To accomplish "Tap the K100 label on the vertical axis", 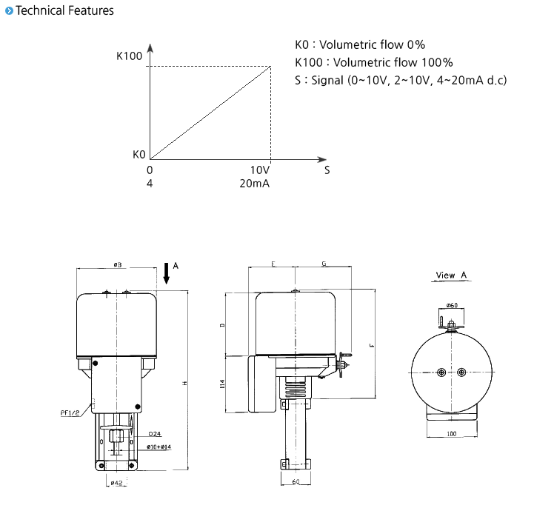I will (x=129, y=56).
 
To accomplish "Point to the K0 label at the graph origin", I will (x=138, y=155).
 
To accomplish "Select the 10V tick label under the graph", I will (x=261, y=170).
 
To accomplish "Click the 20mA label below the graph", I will (x=254, y=183).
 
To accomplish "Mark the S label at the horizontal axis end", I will (x=327, y=170).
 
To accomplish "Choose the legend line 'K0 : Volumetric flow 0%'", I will (x=360, y=45).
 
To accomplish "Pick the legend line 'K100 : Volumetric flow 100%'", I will (x=373, y=62).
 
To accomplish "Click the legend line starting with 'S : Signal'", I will (x=400, y=79).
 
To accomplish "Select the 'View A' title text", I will (x=451, y=275).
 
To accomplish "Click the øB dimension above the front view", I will (x=117, y=264).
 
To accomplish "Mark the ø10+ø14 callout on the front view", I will (x=158, y=447).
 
